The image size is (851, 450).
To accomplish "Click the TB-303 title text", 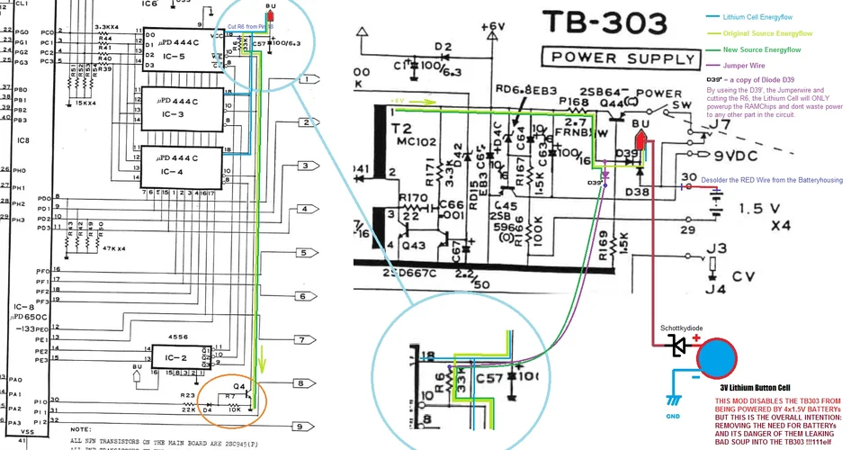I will [x=609, y=25].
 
